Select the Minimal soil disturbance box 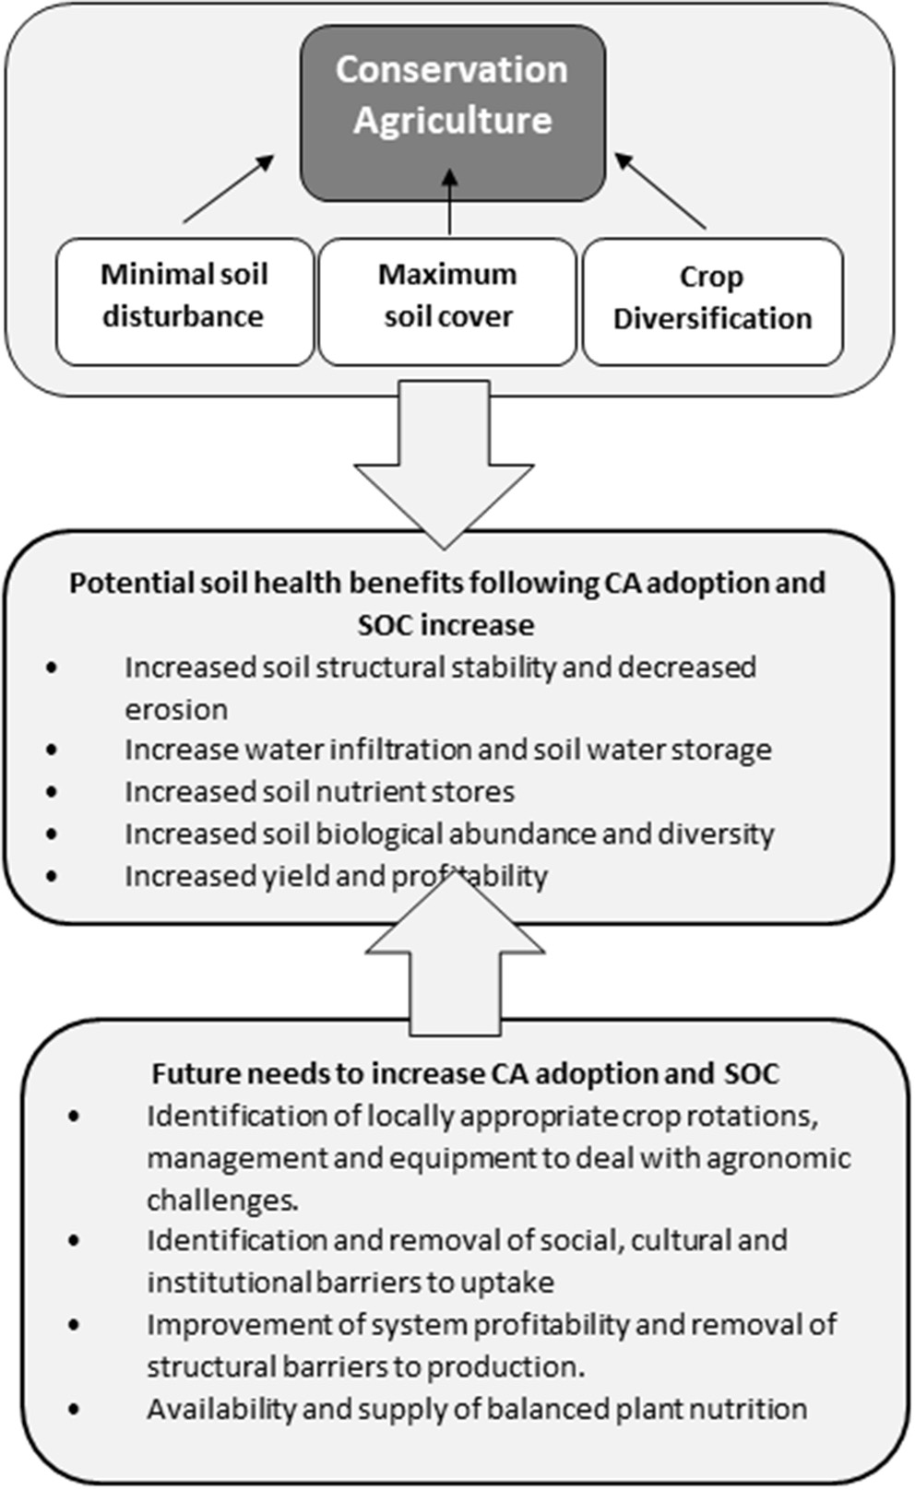[184, 300]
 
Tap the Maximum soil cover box [447, 300]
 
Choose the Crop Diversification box [712, 301]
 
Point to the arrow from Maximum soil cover [449, 201]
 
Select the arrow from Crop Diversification [660, 191]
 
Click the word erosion [176, 709]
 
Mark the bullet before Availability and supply [74, 1409]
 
